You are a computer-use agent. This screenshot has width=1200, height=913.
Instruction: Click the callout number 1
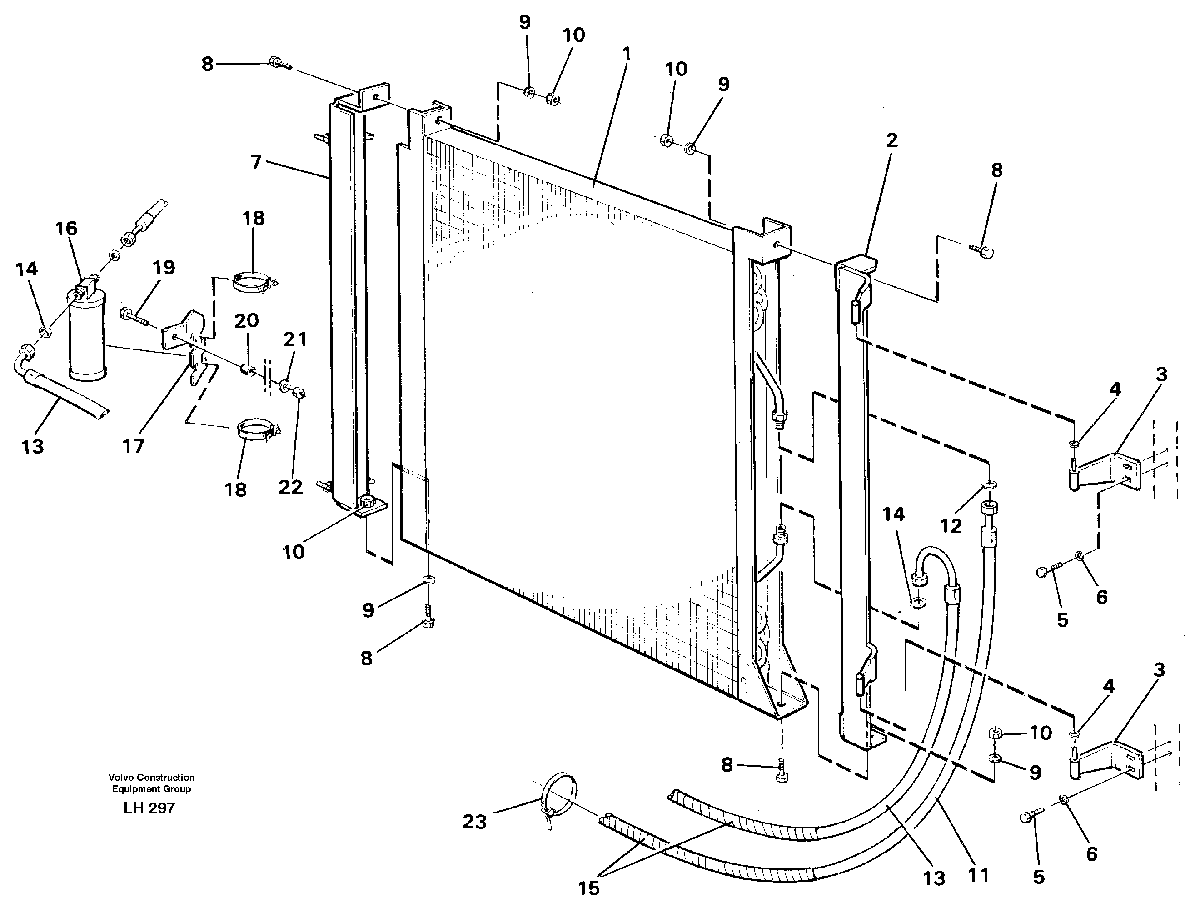click(626, 55)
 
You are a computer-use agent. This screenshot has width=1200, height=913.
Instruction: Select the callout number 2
click(891, 141)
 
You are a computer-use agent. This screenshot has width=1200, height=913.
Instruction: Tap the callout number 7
click(256, 162)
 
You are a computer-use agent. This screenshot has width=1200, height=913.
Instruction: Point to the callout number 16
click(66, 229)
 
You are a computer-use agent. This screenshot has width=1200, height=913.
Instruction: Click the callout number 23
click(474, 822)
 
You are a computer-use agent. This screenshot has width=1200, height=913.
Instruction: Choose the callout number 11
click(978, 875)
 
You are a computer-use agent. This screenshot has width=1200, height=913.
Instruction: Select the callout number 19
click(164, 267)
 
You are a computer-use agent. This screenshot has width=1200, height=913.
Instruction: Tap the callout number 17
click(133, 446)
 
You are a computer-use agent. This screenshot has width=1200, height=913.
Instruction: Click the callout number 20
click(246, 321)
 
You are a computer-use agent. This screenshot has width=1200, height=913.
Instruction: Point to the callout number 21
click(295, 339)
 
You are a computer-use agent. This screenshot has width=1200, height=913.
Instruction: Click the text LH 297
click(149, 808)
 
